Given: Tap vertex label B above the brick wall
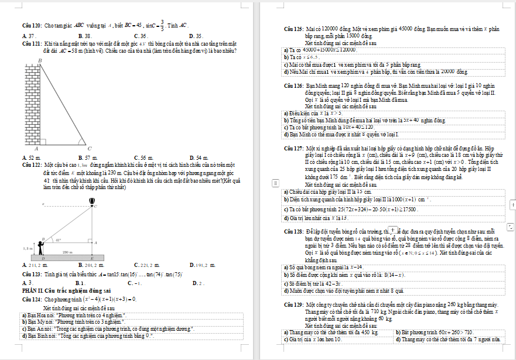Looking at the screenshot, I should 40,60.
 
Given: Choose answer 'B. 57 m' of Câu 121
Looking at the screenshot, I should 86,158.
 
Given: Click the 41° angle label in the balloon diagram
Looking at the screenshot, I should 58,239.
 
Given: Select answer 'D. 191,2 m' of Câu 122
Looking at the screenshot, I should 204,265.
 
